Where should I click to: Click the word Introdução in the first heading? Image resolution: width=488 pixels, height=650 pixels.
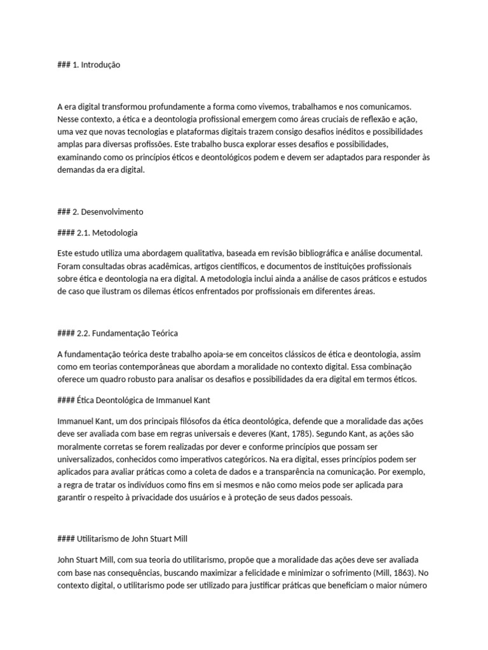pyautogui.click(x=100, y=65)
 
